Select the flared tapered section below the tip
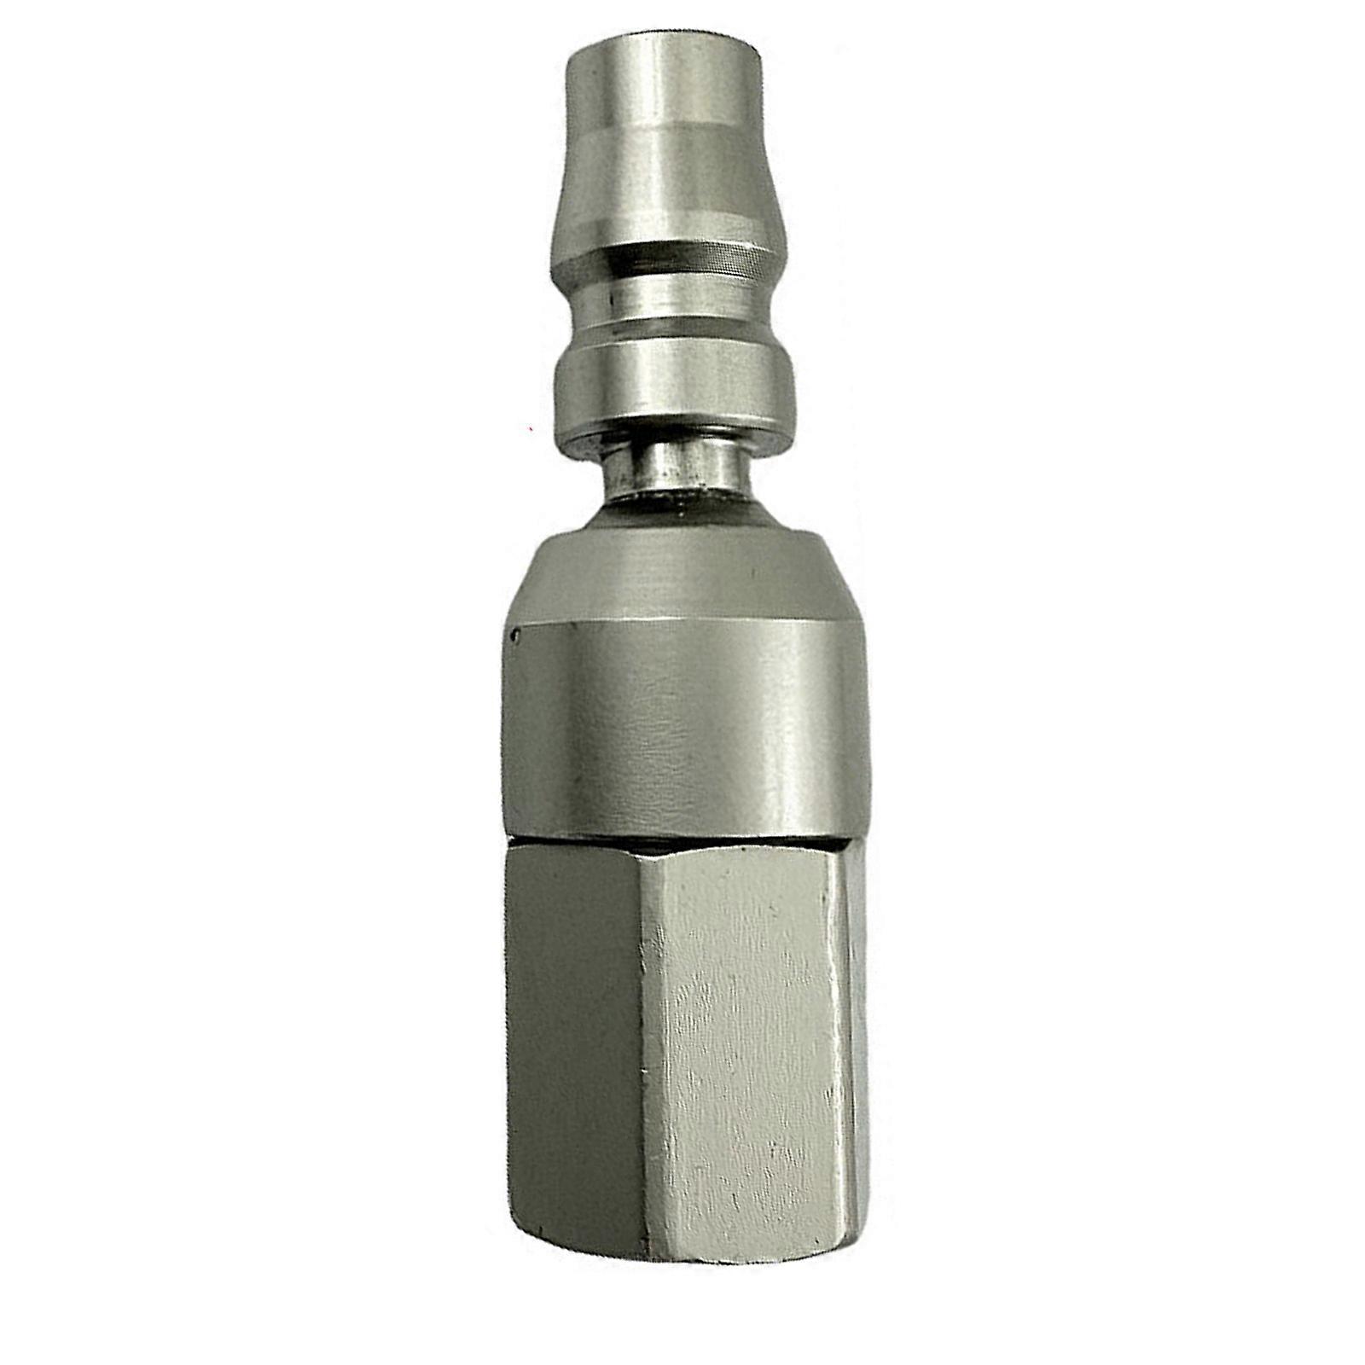coord(664,192)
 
